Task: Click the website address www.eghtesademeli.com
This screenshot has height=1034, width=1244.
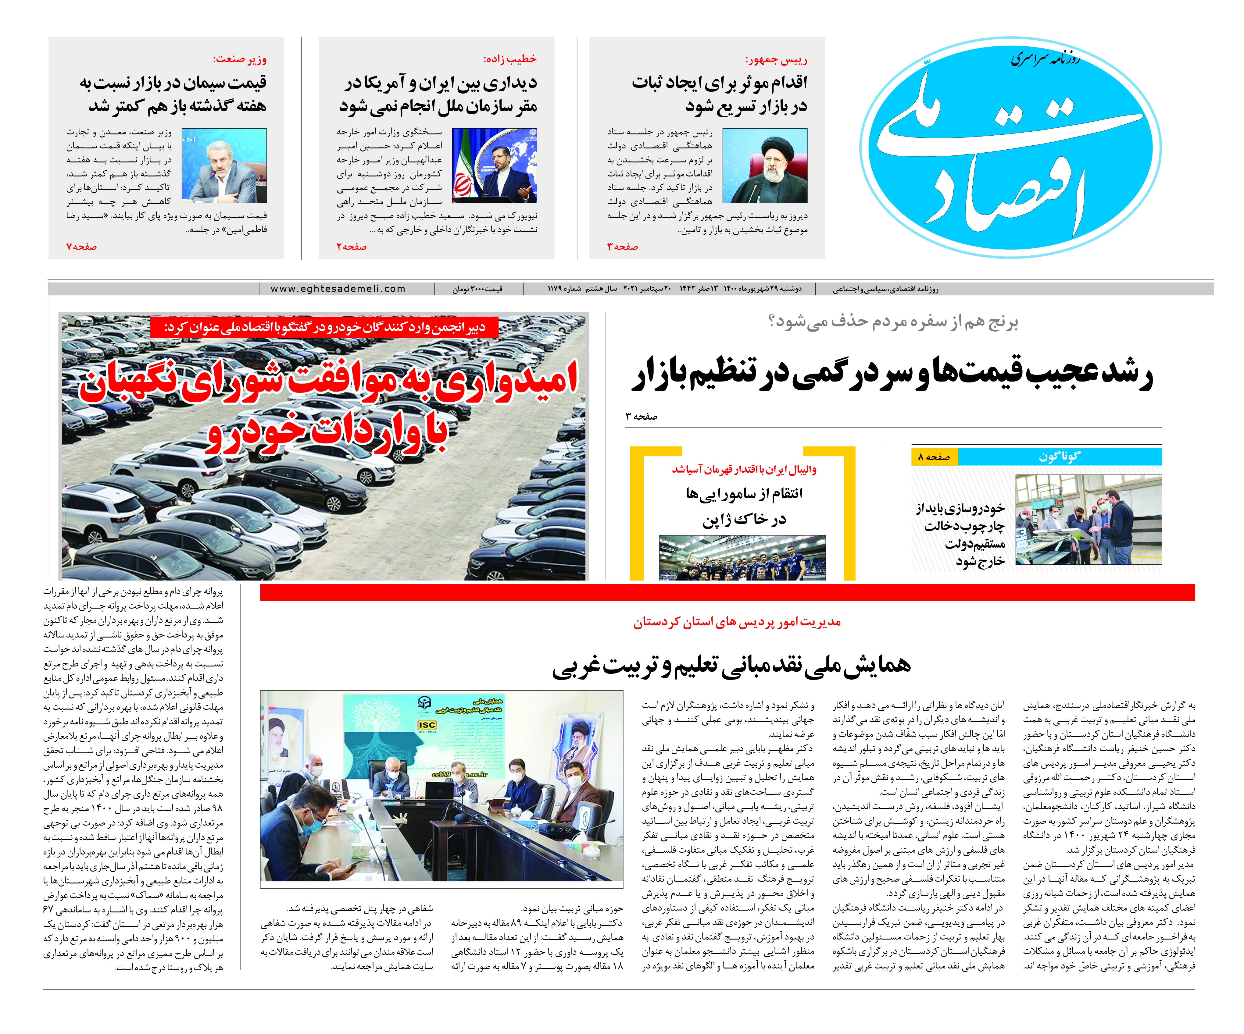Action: pyautogui.click(x=338, y=289)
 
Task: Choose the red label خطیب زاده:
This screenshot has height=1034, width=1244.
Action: pyautogui.click(x=510, y=59)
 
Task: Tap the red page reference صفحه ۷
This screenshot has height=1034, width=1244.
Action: pyautogui.click(x=82, y=246)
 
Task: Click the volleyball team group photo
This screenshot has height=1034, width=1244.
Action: pyautogui.click(x=742, y=558)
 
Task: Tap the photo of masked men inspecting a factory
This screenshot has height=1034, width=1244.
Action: pyautogui.click(x=1088, y=519)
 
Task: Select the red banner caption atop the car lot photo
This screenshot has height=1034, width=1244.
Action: pyautogui.click(x=324, y=328)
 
